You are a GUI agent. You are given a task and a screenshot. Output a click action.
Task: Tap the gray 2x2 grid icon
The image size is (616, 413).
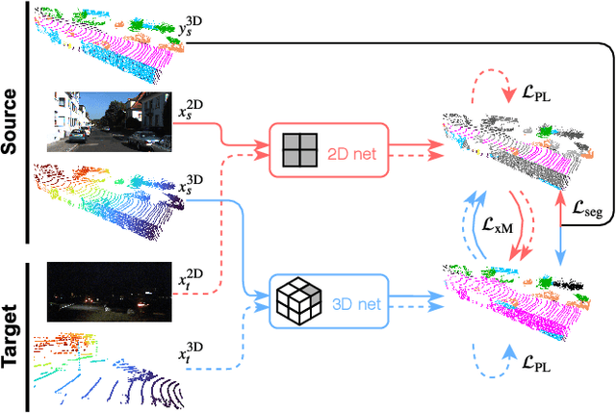pos(299,151)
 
